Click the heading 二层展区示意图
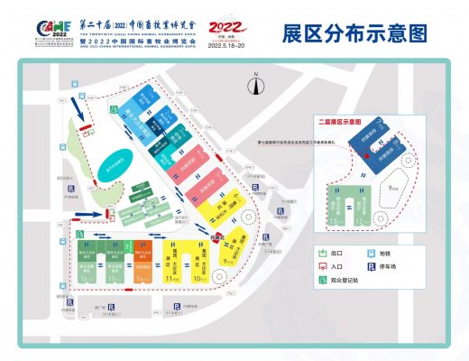click(341, 120)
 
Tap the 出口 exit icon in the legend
click(322, 254)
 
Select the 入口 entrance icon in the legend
click(322, 267)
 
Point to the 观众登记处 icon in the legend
click(322, 281)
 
